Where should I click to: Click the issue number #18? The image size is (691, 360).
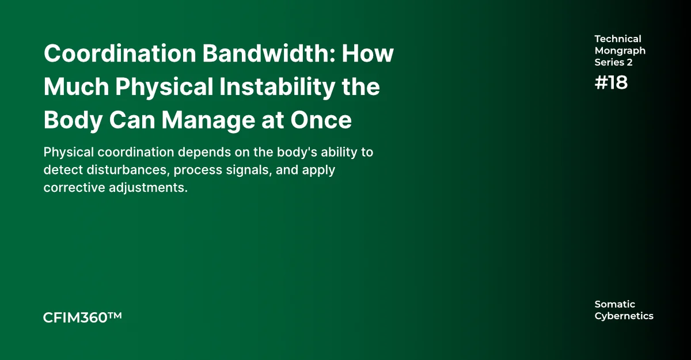(x=611, y=83)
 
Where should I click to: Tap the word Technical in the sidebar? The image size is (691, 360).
(x=618, y=39)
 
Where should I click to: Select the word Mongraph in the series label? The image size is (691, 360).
(x=620, y=51)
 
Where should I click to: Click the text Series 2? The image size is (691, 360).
(x=614, y=62)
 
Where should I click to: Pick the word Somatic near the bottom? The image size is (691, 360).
(x=615, y=304)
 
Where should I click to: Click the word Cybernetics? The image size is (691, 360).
(x=624, y=316)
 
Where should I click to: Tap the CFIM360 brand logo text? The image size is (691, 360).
(x=75, y=317)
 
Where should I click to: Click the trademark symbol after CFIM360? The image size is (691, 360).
(x=115, y=316)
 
